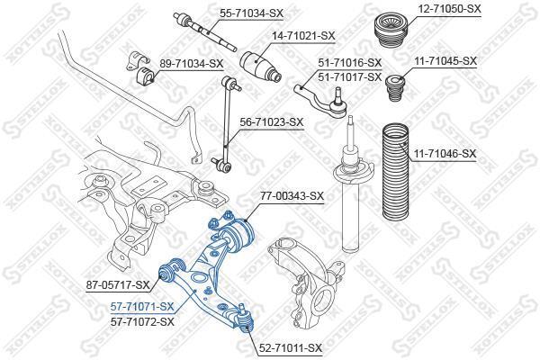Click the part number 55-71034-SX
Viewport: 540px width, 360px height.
pyautogui.click(x=252, y=13)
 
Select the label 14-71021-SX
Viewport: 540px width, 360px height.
pyautogui.click(x=303, y=35)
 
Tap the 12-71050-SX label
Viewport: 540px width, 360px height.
pyautogui.click(x=449, y=9)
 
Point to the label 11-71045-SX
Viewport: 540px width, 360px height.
pyautogui.click(x=445, y=61)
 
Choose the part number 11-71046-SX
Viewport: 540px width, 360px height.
pyautogui.click(x=445, y=153)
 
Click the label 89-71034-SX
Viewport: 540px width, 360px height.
pyautogui.click(x=191, y=63)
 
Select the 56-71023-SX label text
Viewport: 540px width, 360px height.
pyautogui.click(x=272, y=122)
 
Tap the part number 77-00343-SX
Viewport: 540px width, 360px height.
pyautogui.click(x=292, y=196)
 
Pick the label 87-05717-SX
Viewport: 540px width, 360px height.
pyautogui.click(x=118, y=284)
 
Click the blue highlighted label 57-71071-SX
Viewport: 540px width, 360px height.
pyautogui.click(x=142, y=306)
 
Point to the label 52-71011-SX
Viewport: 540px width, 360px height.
pyautogui.click(x=290, y=347)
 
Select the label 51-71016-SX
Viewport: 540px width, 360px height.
pyautogui.click(x=350, y=63)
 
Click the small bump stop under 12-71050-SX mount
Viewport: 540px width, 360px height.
pyautogui.click(x=396, y=88)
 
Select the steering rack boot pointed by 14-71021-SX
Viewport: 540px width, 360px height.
pyautogui.click(x=261, y=67)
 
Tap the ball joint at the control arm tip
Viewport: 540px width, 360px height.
pyautogui.click(x=245, y=319)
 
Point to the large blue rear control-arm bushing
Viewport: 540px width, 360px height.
pyautogui.click(x=238, y=235)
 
